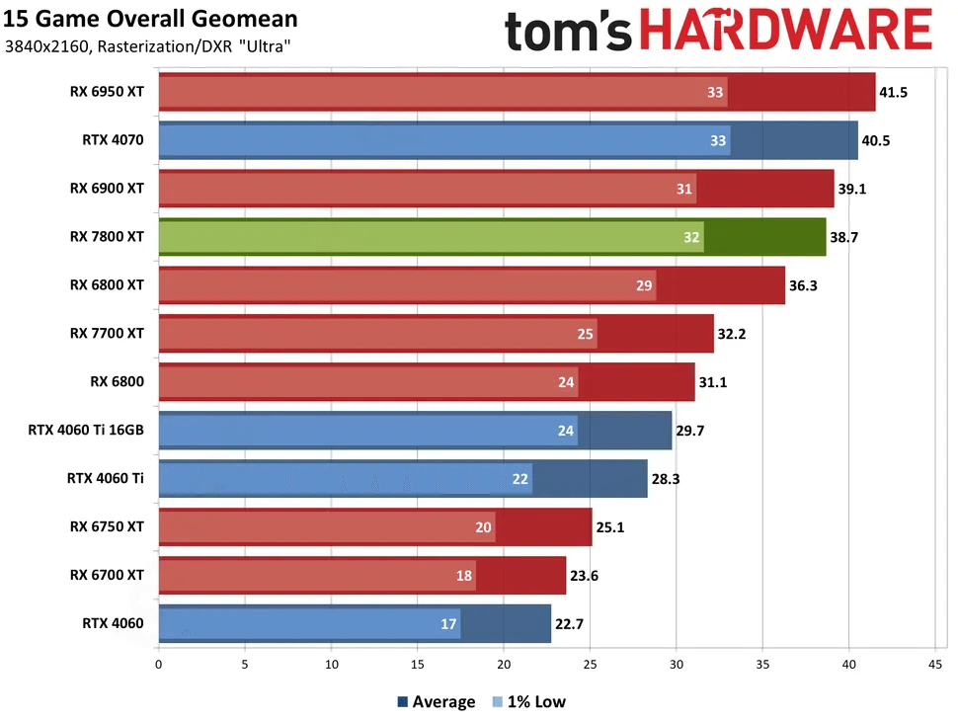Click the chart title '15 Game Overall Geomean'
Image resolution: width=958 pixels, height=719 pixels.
click(x=151, y=20)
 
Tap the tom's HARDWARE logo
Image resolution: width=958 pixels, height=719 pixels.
click(x=718, y=31)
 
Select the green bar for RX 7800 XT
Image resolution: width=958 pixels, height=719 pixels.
click(x=492, y=237)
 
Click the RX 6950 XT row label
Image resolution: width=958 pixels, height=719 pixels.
click(x=107, y=92)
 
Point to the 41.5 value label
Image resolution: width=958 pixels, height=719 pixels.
click(x=895, y=92)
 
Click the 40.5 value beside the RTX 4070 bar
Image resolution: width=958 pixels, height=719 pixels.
click(x=876, y=140)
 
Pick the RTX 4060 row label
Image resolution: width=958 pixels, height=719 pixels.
click(x=113, y=623)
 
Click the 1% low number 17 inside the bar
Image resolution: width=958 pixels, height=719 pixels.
click(x=449, y=624)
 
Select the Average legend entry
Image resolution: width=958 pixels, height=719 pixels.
click(x=436, y=702)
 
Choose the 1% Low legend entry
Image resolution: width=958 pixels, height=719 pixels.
click(x=528, y=702)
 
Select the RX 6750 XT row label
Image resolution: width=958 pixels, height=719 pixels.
click(x=107, y=526)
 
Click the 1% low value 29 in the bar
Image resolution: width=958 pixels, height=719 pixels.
click(x=645, y=285)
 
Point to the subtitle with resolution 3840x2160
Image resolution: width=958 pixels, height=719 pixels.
click(x=147, y=46)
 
